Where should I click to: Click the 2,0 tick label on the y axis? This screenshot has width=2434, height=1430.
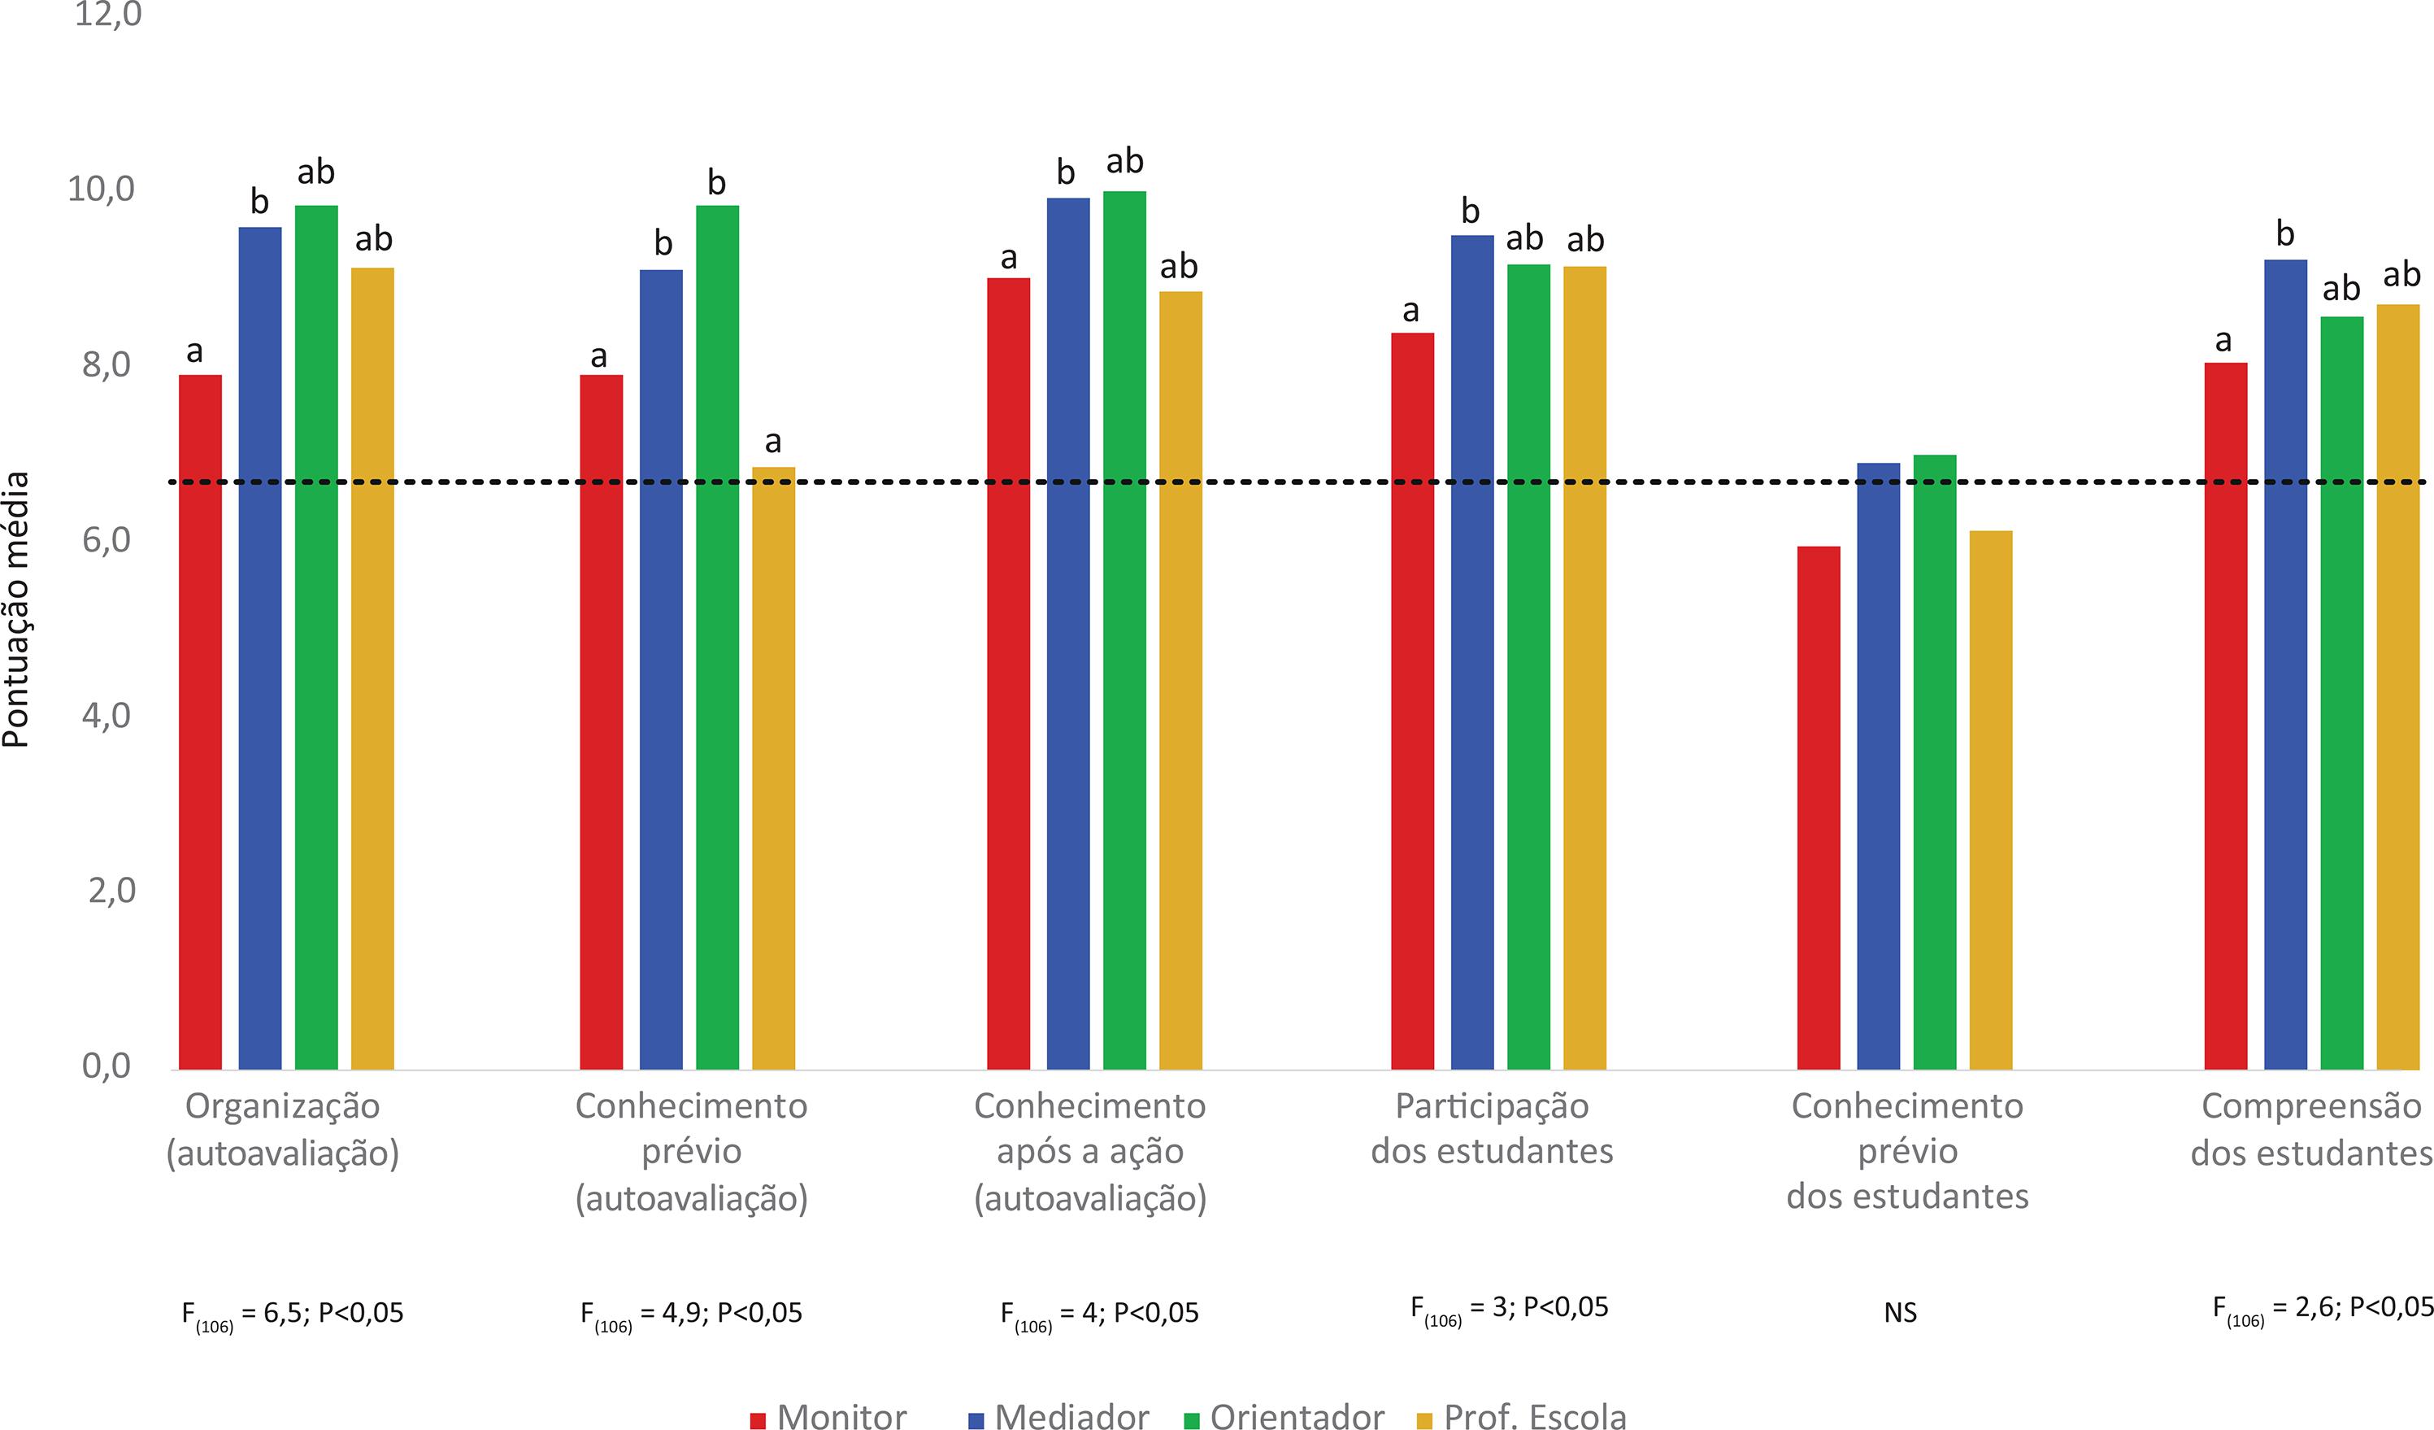[x=108, y=890]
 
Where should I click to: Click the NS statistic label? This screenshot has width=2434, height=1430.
[x=1900, y=1313]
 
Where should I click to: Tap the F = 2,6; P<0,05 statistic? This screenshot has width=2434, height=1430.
[x=2322, y=1308]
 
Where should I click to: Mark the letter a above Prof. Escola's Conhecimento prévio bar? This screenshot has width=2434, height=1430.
[x=772, y=443]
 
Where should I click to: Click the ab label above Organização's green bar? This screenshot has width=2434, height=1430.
[x=316, y=173]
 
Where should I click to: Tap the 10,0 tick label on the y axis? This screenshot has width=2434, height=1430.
[x=102, y=190]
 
